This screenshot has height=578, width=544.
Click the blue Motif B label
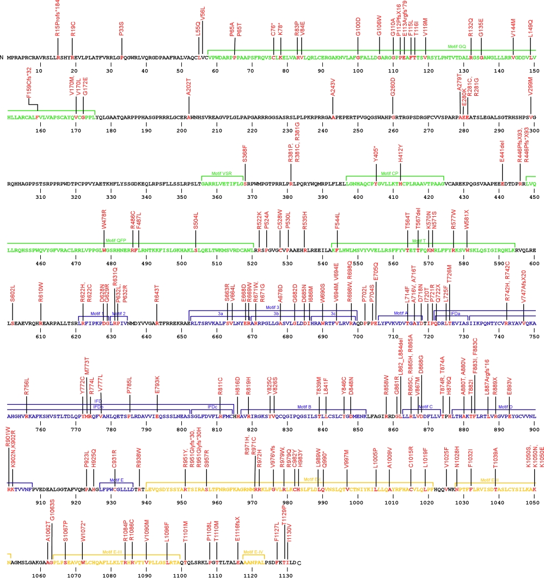pos(304,406)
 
